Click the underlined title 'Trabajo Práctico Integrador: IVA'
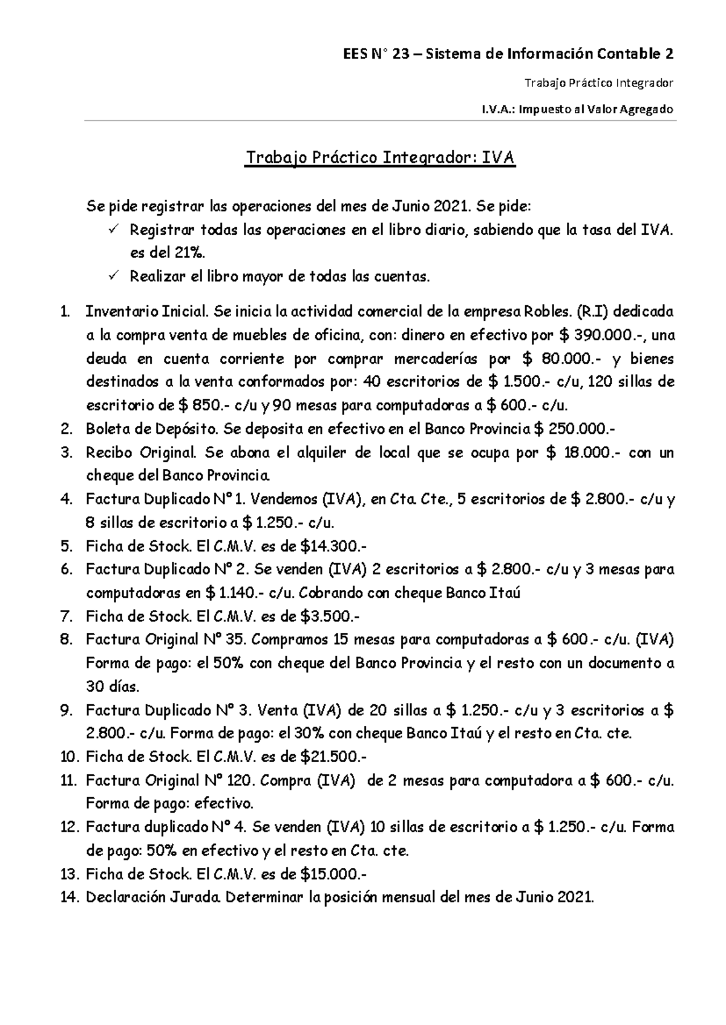[379, 158]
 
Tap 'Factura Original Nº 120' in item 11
[169, 781]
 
